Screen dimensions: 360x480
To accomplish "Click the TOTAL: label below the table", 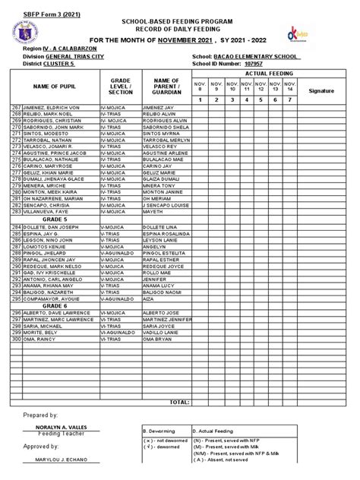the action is pos(179,401).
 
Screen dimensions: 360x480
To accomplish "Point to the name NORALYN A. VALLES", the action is pos(58,428).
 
